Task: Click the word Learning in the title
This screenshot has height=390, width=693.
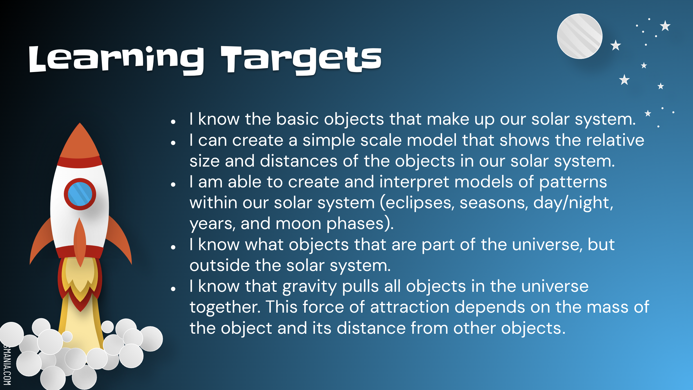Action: (116, 60)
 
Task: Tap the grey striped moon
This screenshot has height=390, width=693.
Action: (580, 36)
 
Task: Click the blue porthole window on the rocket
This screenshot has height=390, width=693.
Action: (80, 194)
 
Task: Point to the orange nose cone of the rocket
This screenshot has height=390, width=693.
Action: (80, 141)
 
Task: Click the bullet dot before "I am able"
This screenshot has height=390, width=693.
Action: (173, 185)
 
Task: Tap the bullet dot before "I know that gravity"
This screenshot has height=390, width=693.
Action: (173, 289)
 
